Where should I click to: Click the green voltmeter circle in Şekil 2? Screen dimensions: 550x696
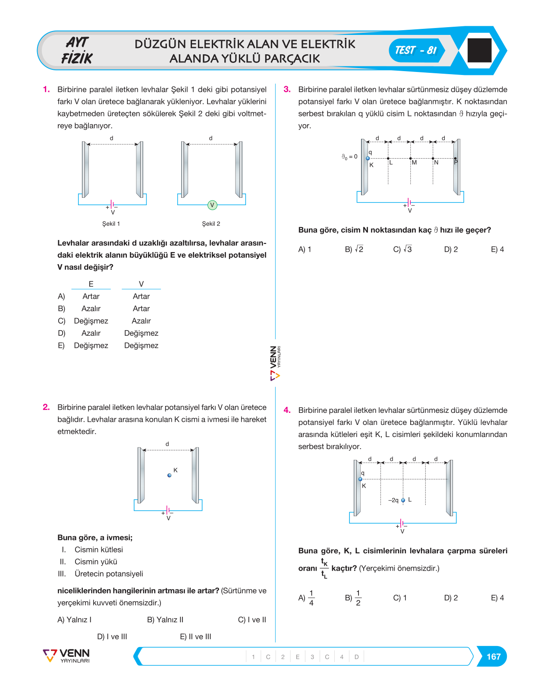212,205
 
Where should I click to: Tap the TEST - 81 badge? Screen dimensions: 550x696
416,50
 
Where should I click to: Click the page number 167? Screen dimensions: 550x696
493,656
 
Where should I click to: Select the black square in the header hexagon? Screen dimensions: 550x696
479,50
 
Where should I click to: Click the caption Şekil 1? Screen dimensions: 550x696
111,224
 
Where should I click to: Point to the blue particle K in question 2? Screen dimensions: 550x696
169,475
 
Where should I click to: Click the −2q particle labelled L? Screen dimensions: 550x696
403,500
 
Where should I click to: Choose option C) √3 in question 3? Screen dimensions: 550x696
402,249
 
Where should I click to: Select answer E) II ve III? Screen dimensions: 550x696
195,637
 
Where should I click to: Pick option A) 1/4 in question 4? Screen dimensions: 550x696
306,598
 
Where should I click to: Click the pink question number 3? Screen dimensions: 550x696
287,89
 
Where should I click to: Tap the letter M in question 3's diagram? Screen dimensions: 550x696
414,162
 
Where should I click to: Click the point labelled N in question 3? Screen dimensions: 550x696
433,159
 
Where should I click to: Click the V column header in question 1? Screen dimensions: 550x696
141,284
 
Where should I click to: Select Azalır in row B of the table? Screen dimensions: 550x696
91,309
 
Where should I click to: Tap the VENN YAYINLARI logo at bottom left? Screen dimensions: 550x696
66,655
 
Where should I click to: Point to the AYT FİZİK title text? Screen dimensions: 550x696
77,50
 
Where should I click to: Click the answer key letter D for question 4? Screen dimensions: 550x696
356,657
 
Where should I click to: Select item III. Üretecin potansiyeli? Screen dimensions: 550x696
101,574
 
